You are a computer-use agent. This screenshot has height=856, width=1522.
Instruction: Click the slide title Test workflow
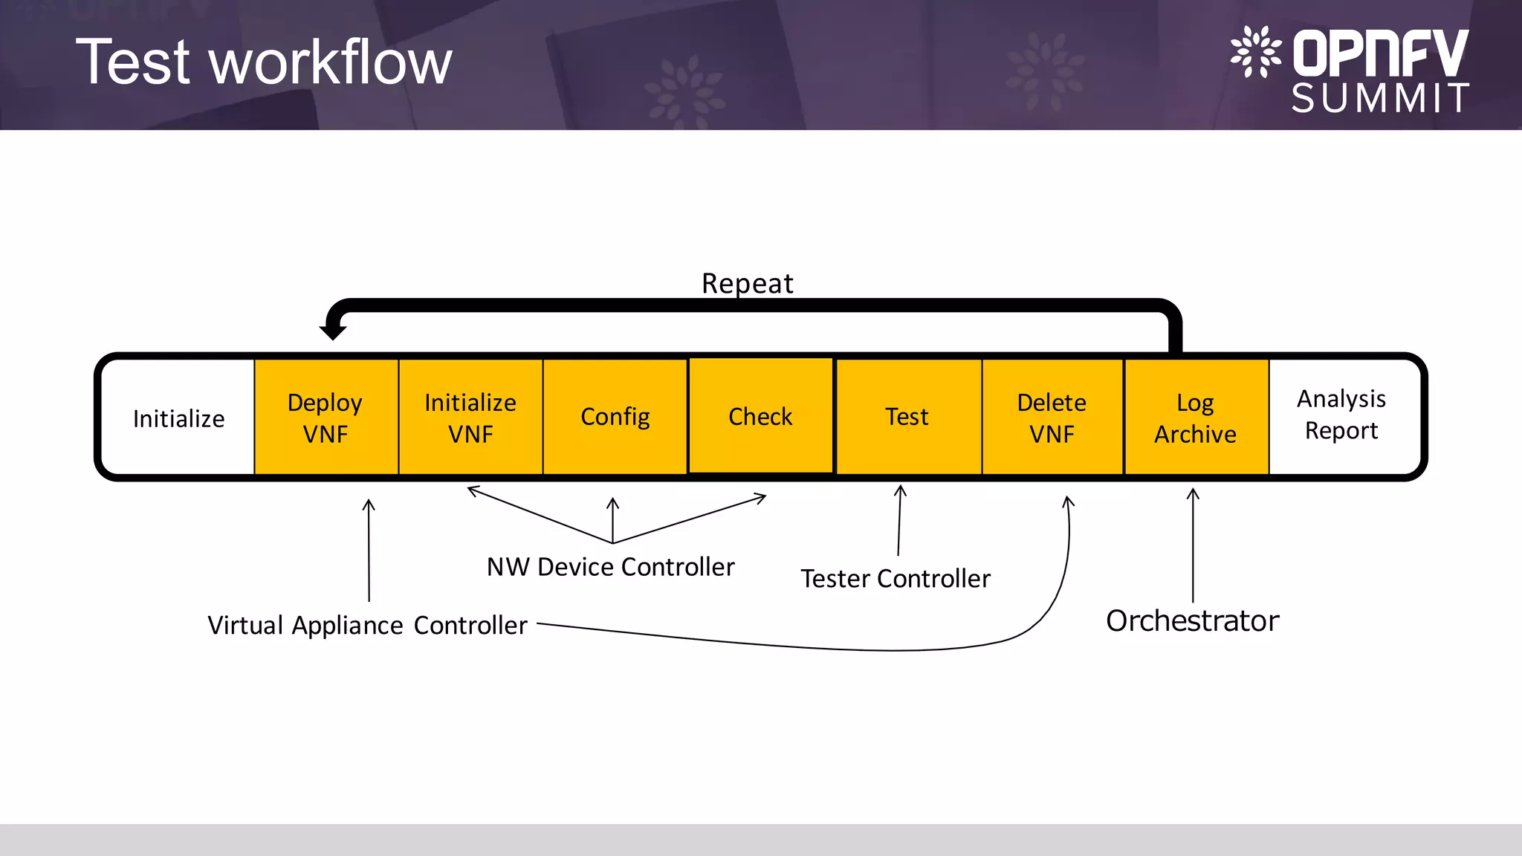click(264, 63)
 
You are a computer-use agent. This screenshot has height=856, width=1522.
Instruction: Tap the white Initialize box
click(178, 418)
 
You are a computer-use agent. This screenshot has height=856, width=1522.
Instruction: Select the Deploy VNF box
click(326, 418)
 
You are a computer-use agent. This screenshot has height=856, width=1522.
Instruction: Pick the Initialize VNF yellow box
click(470, 418)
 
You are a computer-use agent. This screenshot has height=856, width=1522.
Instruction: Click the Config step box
click(615, 417)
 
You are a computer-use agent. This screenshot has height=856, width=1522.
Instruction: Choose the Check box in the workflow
click(760, 416)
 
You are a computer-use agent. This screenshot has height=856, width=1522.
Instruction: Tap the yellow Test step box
click(907, 417)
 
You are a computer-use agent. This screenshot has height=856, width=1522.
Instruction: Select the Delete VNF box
click(1052, 418)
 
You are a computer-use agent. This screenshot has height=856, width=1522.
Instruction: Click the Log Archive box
click(1195, 418)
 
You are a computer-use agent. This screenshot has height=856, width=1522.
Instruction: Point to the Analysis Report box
click(1341, 415)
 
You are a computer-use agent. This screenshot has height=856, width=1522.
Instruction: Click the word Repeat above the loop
click(747, 283)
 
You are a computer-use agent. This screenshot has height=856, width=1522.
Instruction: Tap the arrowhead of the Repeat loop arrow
click(333, 331)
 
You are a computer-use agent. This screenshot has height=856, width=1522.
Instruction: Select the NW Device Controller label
click(610, 567)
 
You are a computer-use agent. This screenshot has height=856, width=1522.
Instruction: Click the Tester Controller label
click(896, 579)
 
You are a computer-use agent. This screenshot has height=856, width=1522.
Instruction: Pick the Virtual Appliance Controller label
click(367, 626)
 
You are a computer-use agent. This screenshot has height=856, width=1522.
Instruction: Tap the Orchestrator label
click(1192, 621)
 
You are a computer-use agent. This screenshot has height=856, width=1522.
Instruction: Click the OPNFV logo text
click(1380, 53)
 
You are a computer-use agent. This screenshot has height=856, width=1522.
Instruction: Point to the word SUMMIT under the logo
click(1380, 98)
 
